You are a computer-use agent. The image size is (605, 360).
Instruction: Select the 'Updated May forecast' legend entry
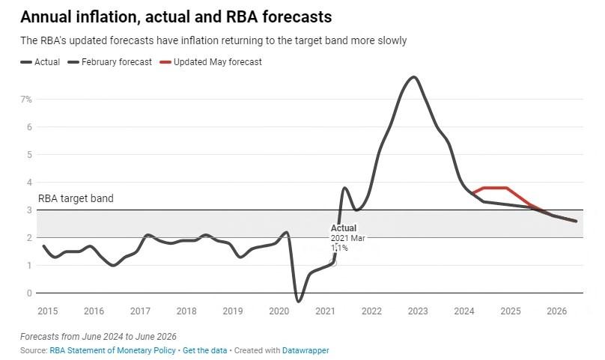(x=217, y=62)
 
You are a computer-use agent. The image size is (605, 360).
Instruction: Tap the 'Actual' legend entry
(x=46, y=62)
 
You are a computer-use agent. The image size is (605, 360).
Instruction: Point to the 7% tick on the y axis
(x=25, y=99)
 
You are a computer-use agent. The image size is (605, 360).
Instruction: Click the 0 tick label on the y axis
(x=28, y=293)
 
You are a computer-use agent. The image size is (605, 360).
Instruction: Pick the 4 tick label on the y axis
(x=28, y=182)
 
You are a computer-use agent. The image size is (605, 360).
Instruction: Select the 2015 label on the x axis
(x=47, y=311)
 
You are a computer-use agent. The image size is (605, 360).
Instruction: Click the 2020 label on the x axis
(x=279, y=311)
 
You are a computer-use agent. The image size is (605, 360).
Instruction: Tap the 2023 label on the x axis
(x=418, y=311)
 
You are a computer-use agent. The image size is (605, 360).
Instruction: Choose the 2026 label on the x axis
(x=556, y=311)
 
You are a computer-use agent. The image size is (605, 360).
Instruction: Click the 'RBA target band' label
(x=76, y=199)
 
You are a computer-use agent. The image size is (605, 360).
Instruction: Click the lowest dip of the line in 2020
(x=298, y=301)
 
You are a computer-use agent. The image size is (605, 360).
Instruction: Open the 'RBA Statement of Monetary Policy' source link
(x=113, y=350)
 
